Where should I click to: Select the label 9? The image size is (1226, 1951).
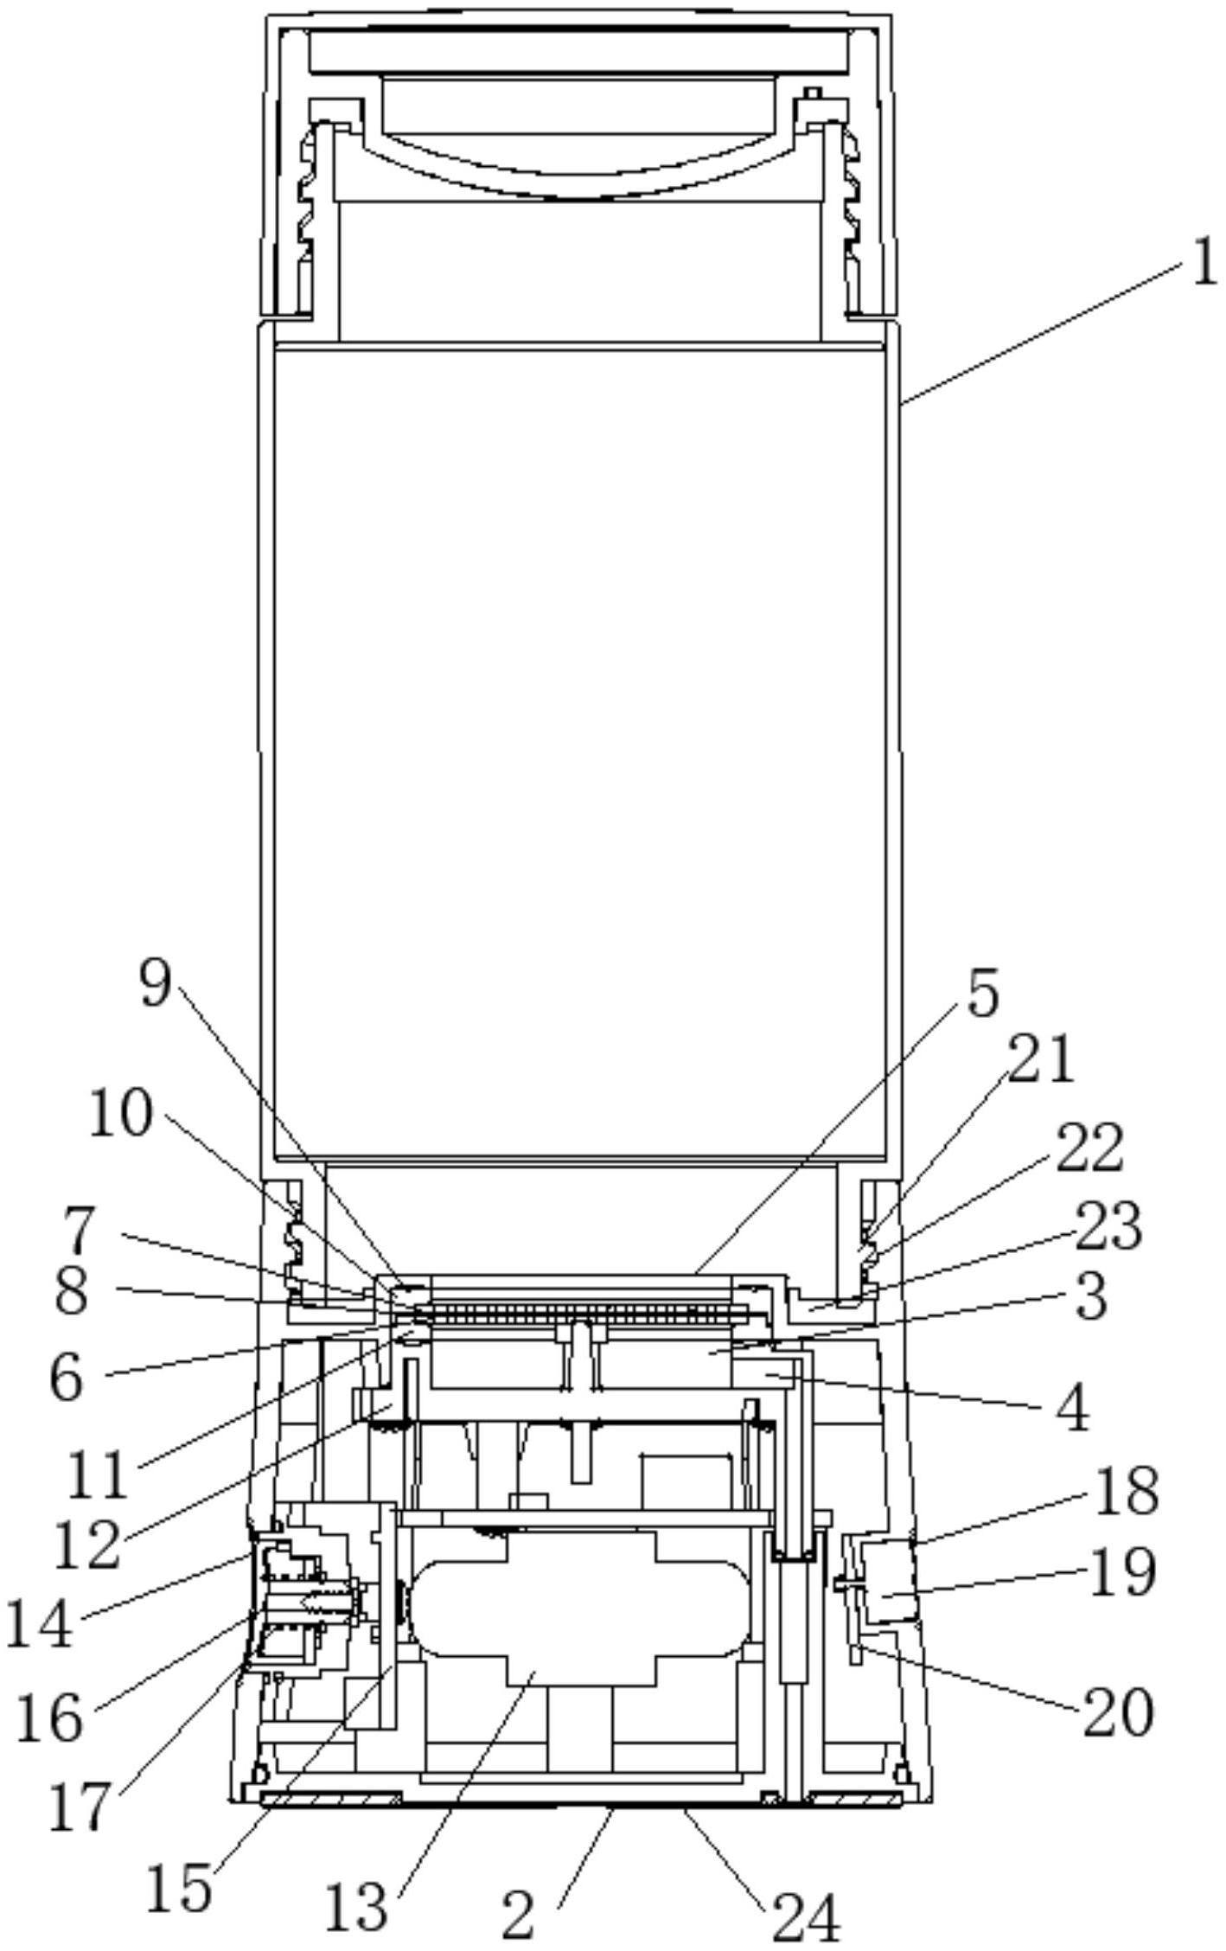pyautogui.click(x=156, y=983)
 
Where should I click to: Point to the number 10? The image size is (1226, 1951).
pyautogui.click(x=121, y=1115)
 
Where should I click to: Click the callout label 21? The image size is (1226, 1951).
pyautogui.click(x=1041, y=1059)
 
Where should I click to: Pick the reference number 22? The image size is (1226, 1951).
pyautogui.click(x=1090, y=1148)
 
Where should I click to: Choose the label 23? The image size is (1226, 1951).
pyautogui.click(x=1108, y=1226)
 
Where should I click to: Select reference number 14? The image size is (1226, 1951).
pyautogui.click(x=39, y=1624)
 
